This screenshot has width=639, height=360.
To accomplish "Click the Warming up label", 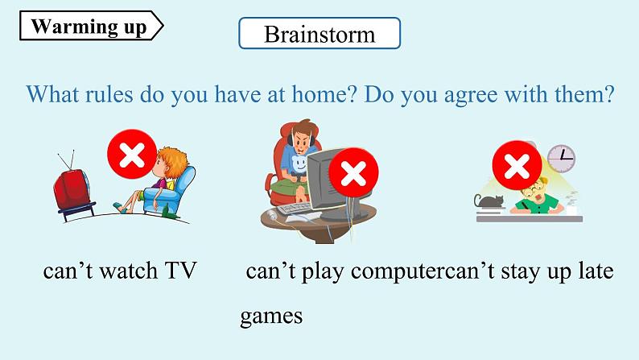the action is (91, 26).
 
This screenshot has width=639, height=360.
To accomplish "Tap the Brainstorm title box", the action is (319, 33).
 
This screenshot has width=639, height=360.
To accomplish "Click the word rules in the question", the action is (109, 94).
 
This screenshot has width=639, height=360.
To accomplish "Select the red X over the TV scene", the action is (132, 154).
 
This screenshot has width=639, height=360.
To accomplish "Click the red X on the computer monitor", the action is (353, 172).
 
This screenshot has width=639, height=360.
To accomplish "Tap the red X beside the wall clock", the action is (517, 165).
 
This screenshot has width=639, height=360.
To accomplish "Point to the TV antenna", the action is (67, 159).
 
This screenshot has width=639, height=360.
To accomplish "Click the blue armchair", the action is (171, 192).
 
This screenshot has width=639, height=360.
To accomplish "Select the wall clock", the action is (561, 158).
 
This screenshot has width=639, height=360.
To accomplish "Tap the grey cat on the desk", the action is (489, 201).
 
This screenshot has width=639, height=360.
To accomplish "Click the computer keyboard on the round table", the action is (295, 209).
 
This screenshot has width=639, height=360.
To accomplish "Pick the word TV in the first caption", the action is (180, 271).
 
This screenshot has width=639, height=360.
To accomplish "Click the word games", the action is (271, 317).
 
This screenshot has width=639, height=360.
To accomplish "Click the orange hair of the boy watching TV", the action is (173, 160).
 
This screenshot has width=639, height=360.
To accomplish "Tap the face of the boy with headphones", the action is (301, 141).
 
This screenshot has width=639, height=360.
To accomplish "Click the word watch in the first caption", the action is (129, 271).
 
